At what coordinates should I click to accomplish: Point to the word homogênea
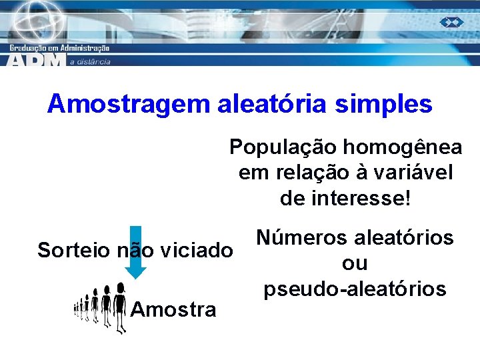407,147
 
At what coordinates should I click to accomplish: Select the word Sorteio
74,251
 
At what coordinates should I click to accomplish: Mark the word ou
354,263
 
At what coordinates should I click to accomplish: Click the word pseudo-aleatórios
355,289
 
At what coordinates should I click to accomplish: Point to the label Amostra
174,309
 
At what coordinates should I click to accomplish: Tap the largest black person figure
120,307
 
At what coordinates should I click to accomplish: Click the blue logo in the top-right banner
451,22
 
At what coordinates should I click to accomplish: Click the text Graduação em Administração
59,48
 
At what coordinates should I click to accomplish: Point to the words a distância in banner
90,61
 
